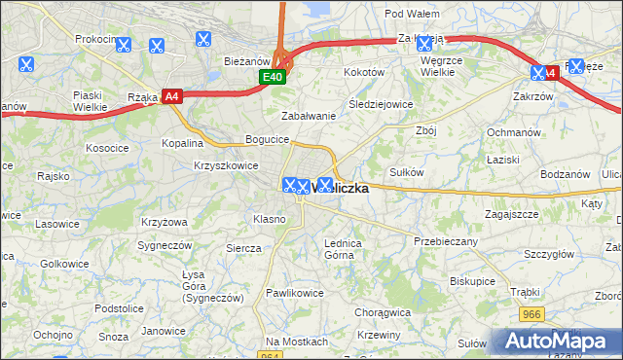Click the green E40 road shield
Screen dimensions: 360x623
(272, 77)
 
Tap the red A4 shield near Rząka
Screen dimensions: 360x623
(171, 95)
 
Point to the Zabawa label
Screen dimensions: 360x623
(309, 115)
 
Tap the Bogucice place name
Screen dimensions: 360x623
(267, 139)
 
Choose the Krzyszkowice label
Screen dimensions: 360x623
(226, 165)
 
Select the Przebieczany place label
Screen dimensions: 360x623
(445, 240)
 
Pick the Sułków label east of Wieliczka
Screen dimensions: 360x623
(406, 171)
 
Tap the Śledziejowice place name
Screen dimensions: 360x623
(381, 103)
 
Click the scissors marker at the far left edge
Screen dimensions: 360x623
(25, 65)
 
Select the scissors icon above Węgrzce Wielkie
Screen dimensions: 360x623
(423, 43)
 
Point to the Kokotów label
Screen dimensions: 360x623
(364, 72)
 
